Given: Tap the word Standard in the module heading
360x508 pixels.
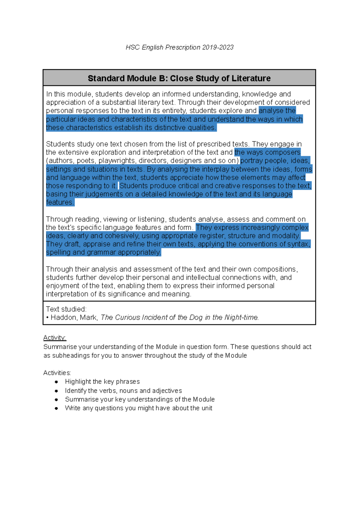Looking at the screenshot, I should point(106,79).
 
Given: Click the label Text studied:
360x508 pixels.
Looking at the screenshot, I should point(66,309).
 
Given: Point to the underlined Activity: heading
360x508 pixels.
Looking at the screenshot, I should point(55,338).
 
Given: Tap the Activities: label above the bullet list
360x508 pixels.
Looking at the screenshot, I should point(57,373).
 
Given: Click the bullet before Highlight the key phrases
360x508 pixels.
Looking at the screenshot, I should point(56,382).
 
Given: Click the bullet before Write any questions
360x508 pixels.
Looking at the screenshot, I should point(56,408).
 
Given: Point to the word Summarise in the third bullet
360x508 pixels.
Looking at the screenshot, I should point(79,399).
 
